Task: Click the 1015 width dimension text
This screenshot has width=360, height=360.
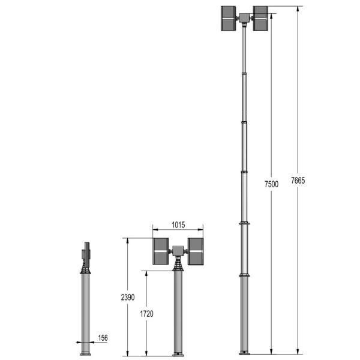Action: coord(178,225)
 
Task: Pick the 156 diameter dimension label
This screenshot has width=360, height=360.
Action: coord(103,338)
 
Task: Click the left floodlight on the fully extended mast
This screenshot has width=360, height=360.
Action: coord(229,19)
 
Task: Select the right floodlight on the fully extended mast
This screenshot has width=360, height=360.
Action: coord(260,19)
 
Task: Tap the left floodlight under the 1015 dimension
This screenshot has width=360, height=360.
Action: coord(160,251)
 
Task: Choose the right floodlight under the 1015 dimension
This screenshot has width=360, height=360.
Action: coord(195,251)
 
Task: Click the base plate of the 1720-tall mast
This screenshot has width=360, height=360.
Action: coord(178,353)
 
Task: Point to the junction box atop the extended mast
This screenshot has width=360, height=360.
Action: coord(244,18)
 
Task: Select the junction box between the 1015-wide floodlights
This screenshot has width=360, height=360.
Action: coord(178,250)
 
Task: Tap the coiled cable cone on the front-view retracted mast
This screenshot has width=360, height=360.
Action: coord(178,265)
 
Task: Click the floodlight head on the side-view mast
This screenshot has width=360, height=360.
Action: coord(87,253)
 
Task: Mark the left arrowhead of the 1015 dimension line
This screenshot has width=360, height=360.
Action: coord(154,230)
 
